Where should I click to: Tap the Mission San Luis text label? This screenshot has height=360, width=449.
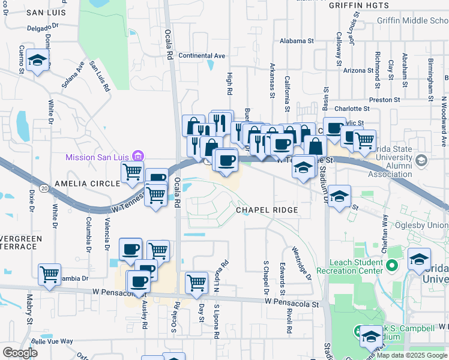pos(99,157)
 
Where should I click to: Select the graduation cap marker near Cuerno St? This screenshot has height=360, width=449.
pos(38,61)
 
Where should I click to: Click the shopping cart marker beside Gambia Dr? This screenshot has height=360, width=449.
pos(50,274)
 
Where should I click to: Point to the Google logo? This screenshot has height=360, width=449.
pos(20,353)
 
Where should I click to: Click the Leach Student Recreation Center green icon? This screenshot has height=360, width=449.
pos(393,265)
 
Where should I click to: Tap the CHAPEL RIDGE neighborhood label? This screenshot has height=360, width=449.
pos(267,210)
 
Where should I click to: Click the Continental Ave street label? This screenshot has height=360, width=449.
pos(202,56)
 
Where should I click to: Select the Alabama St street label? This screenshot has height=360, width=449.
pos(297,42)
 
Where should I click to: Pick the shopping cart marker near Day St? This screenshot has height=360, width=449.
pos(196,283)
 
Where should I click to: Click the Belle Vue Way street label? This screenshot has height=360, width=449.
pos(52,341)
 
